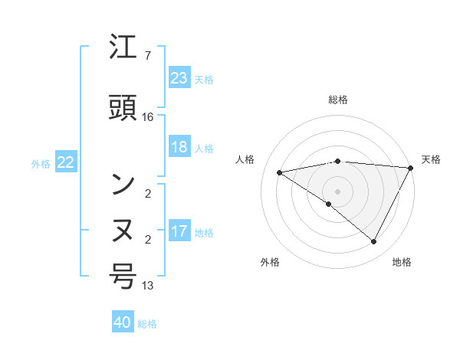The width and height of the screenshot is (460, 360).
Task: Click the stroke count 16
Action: [x=148, y=116]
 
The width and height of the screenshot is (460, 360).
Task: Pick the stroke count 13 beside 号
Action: [x=148, y=286]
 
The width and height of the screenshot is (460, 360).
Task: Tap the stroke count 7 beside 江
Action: [x=148, y=56]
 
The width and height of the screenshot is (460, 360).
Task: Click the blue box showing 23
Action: [x=179, y=78]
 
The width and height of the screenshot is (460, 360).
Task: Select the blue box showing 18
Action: [x=179, y=147]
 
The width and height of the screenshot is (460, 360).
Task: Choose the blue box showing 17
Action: [x=179, y=231]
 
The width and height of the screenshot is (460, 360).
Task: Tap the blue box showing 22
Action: [x=66, y=162]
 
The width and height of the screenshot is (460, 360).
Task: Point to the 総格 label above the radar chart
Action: [x=337, y=100]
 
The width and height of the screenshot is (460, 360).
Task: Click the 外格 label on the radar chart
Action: [x=270, y=262]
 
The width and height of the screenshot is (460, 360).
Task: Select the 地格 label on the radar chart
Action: [x=402, y=262]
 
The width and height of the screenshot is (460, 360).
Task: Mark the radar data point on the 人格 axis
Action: [x=280, y=172]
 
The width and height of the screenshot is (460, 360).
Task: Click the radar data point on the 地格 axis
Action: [x=374, y=241]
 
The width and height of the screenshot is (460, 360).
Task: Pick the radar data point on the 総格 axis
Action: [x=337, y=161]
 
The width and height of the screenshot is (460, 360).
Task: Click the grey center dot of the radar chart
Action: [x=337, y=191]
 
